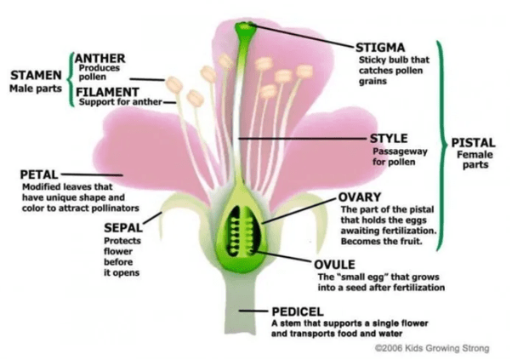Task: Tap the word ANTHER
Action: click(x=100, y=58)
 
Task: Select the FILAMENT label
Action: click(x=107, y=91)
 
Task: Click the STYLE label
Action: click(x=390, y=138)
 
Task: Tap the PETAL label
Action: click(x=37, y=174)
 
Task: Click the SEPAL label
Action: click(x=122, y=227)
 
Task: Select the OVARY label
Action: click(x=362, y=197)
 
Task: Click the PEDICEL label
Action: click(x=298, y=311)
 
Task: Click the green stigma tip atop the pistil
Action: click(x=245, y=31)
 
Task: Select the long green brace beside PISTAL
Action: click(x=439, y=145)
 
